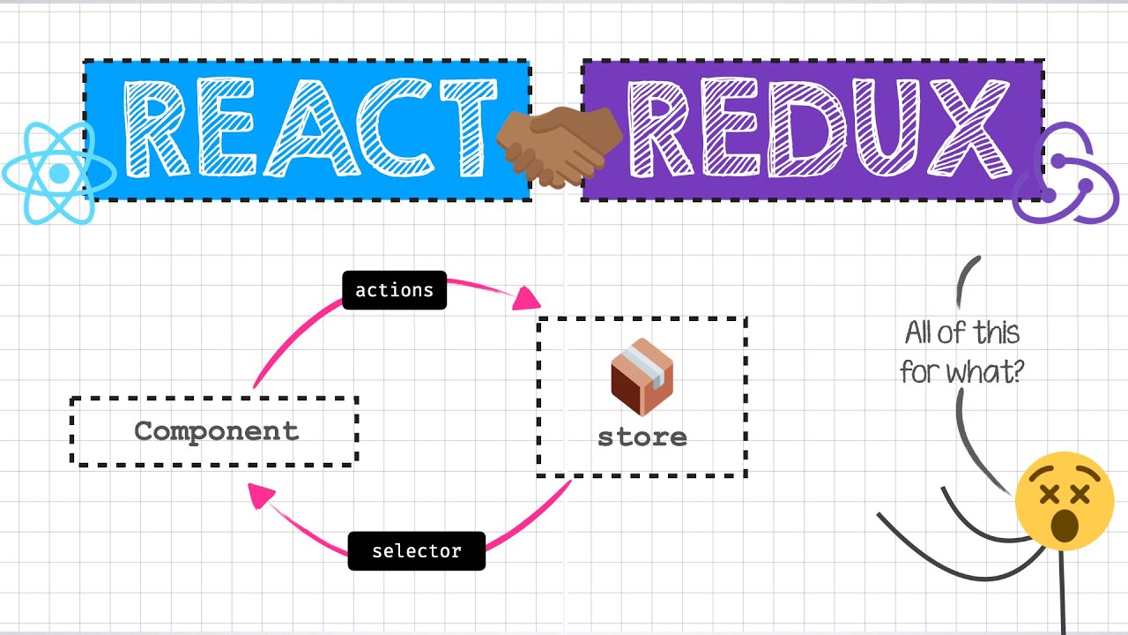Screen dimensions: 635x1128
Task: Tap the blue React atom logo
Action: click(58, 173)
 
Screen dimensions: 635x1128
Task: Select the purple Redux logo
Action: click(1065, 174)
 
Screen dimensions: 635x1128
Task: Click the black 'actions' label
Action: click(394, 290)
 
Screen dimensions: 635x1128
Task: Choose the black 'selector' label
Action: click(416, 551)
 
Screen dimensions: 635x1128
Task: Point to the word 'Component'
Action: click(216, 431)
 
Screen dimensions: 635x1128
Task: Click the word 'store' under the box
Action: click(642, 437)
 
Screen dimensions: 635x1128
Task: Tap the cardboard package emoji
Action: click(642, 377)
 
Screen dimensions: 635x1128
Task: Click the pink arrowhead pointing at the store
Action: click(527, 298)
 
